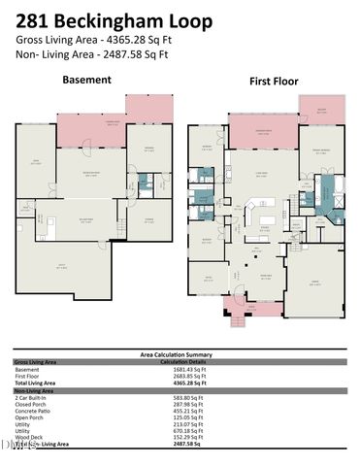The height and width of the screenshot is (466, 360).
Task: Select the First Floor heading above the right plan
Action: point(272,83)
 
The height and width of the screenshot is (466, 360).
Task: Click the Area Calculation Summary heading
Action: point(180,356)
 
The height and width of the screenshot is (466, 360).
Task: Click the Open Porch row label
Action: point(29,418)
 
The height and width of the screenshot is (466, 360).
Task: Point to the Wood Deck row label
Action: point(28,439)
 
